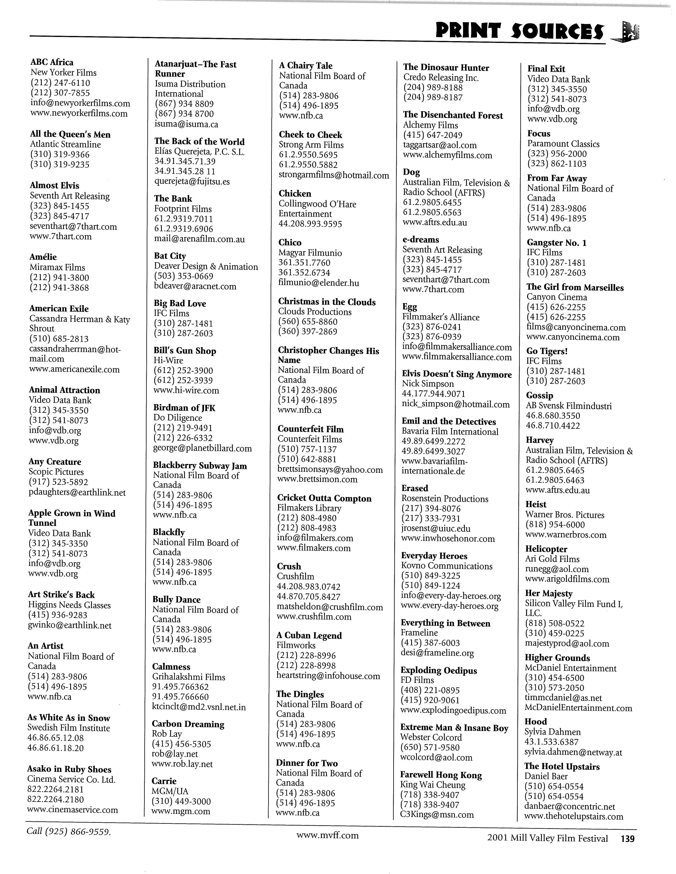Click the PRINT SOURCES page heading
(520, 31)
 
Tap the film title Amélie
(43, 257)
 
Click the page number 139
(627, 838)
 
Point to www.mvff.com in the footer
(328, 835)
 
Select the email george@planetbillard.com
(202, 448)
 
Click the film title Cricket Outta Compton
(324, 498)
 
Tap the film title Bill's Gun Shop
(185, 351)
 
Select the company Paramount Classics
(563, 144)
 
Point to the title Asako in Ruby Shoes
(69, 769)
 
